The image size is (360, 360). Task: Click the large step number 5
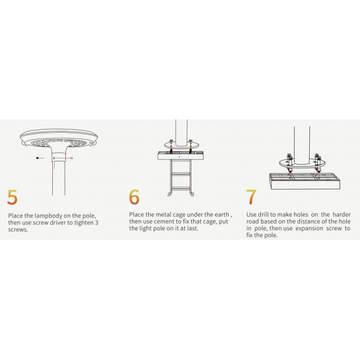[13, 197]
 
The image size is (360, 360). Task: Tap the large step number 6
[134, 197]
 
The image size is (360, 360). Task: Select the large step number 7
[251, 197]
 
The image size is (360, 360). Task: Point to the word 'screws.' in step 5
[18, 230]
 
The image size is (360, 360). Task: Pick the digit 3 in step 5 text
[97, 223]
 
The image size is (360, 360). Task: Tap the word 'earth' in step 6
[222, 215]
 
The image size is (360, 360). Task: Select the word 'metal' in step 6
[163, 215]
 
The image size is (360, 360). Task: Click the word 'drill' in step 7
[263, 215]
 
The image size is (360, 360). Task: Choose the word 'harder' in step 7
[341, 215]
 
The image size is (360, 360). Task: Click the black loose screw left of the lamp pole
[38, 158]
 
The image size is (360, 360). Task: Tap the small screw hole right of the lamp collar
[72, 158]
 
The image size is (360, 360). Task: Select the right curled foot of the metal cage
[191, 194]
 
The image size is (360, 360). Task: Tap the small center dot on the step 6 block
[179, 157]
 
